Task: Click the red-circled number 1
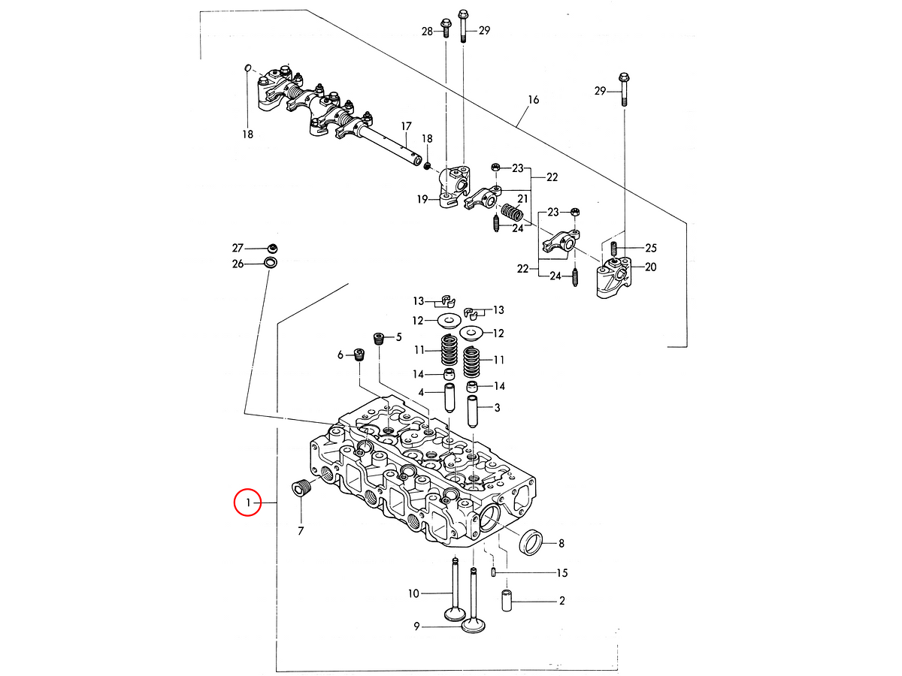pos(248,502)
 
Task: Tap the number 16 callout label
pos(533,100)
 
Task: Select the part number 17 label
pos(406,126)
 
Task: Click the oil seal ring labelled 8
pos(531,542)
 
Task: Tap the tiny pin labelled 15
pos(494,572)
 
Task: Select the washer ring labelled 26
pos(270,262)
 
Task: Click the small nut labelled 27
pos(272,249)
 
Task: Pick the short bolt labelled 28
pos(446,28)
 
